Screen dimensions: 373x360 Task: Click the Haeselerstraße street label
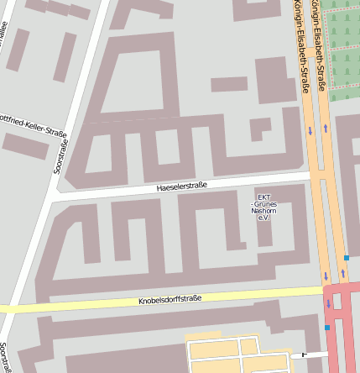(181, 186)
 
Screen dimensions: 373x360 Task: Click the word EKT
(263, 197)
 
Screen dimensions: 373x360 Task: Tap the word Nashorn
(263, 211)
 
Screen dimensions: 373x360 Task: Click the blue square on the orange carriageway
(346, 258)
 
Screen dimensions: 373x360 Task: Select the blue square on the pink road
(327, 327)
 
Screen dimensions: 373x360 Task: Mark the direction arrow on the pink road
(328, 303)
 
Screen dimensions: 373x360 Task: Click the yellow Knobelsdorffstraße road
(84, 304)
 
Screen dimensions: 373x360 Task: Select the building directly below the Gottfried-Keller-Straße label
(25, 146)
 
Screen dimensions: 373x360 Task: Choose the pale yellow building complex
(227, 355)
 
